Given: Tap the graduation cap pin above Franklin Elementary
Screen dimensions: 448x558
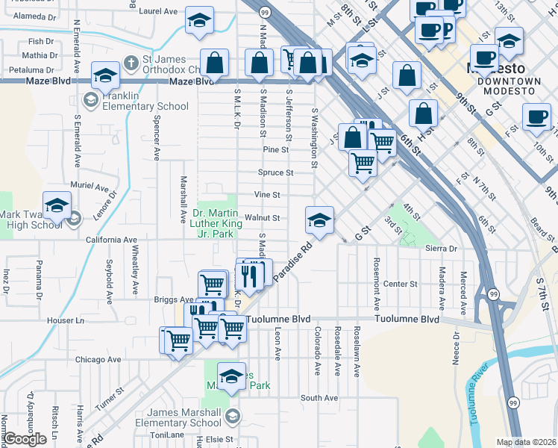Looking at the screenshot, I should click(105, 74).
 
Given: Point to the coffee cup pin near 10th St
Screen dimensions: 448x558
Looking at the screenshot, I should click(536, 116).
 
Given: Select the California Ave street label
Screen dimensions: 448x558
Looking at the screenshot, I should click(112, 240).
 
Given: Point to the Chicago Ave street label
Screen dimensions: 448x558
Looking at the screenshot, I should click(98, 359).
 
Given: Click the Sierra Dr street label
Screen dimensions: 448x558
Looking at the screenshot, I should click(440, 248).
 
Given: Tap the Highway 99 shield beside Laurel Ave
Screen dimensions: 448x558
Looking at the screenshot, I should click(265, 13).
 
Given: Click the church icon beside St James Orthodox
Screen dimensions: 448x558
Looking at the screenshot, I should click(131, 62).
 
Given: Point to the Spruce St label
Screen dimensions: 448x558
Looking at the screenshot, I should click(278, 172).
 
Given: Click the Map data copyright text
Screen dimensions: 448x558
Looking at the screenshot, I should click(525, 442).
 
